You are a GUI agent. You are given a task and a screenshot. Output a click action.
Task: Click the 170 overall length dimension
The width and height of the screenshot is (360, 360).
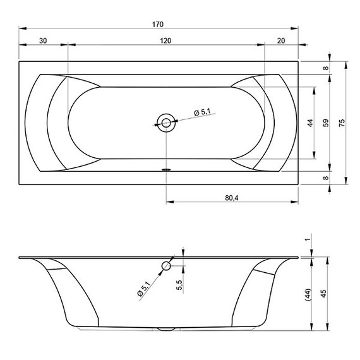(158, 25)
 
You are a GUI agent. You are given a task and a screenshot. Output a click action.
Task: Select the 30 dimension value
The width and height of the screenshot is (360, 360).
(43, 40)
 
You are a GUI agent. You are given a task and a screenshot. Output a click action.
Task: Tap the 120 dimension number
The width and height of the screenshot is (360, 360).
(165, 40)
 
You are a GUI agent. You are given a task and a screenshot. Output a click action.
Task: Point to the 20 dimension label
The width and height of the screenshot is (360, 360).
(281, 40)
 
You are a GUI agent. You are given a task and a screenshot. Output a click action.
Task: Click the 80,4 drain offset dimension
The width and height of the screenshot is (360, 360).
(232, 198)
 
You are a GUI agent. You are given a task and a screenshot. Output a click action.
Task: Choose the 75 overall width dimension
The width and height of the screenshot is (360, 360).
(342, 123)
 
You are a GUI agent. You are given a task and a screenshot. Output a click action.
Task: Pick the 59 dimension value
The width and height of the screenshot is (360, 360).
(325, 123)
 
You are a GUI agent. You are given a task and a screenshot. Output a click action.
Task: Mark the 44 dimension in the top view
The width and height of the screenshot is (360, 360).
(310, 123)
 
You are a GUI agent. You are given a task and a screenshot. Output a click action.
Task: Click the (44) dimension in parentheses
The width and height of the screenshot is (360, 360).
(308, 294)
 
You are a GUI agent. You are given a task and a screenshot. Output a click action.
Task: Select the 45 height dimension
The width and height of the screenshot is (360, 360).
(323, 294)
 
